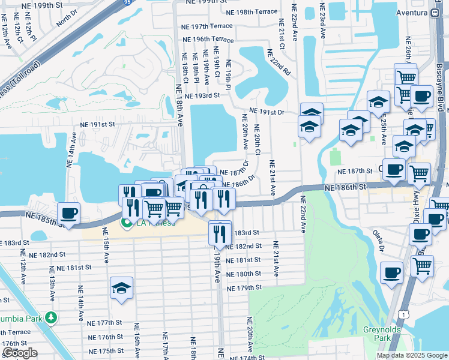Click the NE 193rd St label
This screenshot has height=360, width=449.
[208, 96]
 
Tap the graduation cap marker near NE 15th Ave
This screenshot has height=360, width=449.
[121, 288]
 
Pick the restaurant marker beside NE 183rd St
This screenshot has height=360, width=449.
[220, 232]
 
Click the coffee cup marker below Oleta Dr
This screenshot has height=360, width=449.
[391, 273]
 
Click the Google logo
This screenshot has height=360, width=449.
[20, 353]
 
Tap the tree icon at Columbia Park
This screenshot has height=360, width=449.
[53, 317]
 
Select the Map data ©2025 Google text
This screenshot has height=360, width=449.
[411, 355]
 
